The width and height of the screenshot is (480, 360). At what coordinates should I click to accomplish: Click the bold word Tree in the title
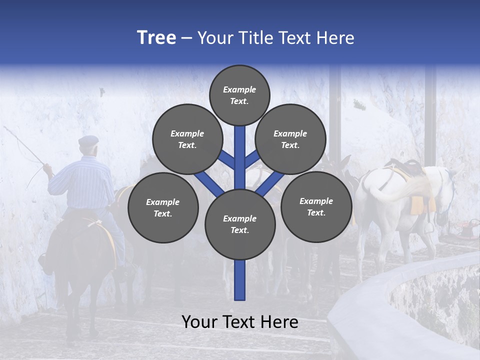[x=156, y=38]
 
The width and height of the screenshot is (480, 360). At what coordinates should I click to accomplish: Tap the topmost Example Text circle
[x=239, y=95]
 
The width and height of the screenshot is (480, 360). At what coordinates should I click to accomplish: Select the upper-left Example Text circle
[x=187, y=139]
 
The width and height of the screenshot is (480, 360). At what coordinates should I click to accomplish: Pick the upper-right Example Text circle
[x=290, y=139]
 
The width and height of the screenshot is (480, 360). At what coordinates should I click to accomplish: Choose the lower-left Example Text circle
[x=163, y=207]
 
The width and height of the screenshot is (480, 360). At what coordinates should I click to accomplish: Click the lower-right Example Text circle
[x=316, y=206]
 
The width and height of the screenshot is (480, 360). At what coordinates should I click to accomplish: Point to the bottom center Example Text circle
[x=240, y=224]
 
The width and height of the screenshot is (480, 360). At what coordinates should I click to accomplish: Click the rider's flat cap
[x=88, y=140]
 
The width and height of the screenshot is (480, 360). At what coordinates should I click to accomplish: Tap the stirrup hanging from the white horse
[x=428, y=227]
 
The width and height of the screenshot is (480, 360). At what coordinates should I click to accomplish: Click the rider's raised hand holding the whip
[x=47, y=168]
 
